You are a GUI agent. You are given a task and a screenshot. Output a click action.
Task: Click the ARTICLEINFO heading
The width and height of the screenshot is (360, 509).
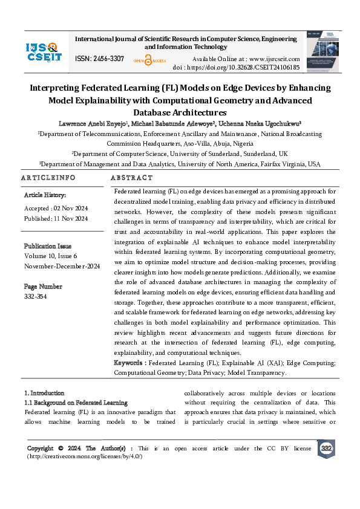coord(48,178)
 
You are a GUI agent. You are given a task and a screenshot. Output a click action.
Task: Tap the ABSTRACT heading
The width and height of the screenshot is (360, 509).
coord(133,178)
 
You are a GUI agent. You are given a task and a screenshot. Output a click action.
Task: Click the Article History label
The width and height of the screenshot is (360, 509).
coord(45,195)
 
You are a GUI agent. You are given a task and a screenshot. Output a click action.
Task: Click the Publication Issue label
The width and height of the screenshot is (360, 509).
coord(48,246)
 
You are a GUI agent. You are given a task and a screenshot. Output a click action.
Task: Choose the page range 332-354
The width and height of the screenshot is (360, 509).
coord(35,296)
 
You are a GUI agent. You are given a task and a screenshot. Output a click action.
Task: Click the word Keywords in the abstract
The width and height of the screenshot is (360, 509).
coord(129,363)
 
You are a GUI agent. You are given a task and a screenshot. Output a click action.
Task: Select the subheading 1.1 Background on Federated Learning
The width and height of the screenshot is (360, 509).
coord(76,403)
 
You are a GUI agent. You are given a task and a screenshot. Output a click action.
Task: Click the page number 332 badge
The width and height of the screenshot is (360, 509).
coord(327,448)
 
